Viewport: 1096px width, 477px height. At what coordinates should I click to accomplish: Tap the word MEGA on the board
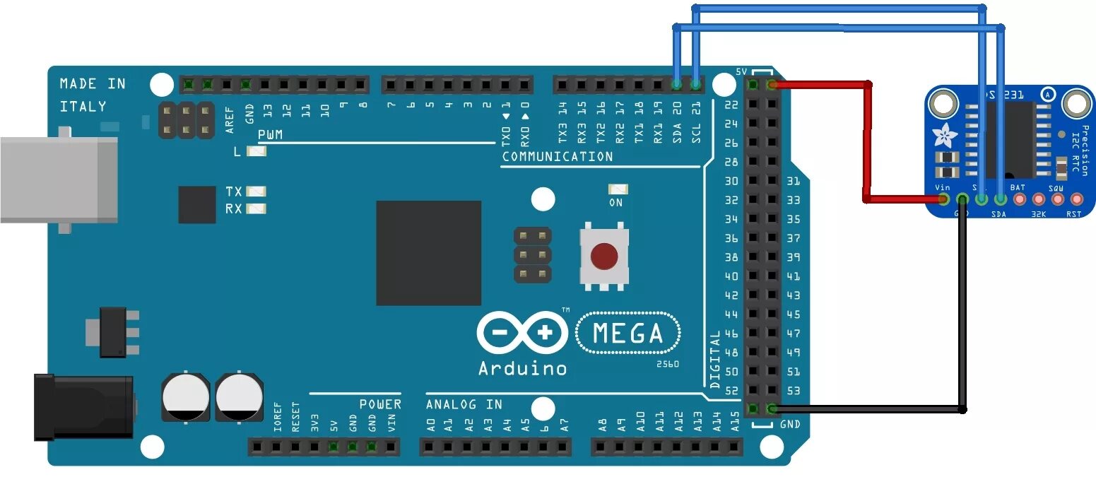pyautogui.click(x=628, y=333)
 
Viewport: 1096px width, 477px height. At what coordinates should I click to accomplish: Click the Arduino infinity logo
pyautogui.click(x=522, y=332)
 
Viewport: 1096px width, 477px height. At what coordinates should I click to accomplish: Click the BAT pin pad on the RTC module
pyautogui.click(x=1019, y=199)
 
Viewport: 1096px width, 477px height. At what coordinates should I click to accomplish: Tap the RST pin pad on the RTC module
pyautogui.click(x=1076, y=199)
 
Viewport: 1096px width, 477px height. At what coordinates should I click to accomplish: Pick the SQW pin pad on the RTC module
pyautogui.click(x=1057, y=199)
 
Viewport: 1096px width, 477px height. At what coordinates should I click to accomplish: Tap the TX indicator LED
pyautogui.click(x=257, y=192)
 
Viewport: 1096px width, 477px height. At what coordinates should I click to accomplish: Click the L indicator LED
pyautogui.click(x=257, y=151)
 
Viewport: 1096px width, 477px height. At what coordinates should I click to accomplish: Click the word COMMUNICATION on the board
pyautogui.click(x=557, y=156)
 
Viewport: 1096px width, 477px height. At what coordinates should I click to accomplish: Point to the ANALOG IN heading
pyautogui.click(x=464, y=404)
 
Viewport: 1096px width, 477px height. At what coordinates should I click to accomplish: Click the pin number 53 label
pyautogui.click(x=794, y=390)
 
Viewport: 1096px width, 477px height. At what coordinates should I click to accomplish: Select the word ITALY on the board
pyautogui.click(x=83, y=106)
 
